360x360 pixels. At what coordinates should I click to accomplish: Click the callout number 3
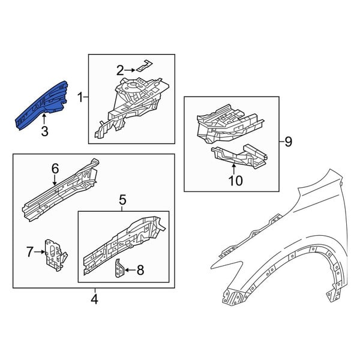[x=44, y=131]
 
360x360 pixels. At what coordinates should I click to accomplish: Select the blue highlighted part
[x=41, y=106]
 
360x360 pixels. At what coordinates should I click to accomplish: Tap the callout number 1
[x=80, y=97]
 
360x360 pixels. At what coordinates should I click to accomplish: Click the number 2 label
[x=120, y=70]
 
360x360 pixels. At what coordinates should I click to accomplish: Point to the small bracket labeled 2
[x=145, y=65]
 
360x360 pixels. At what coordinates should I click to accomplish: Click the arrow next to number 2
[x=130, y=70]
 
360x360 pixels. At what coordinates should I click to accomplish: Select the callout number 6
[x=55, y=169]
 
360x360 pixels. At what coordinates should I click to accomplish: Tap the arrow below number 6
[x=55, y=180]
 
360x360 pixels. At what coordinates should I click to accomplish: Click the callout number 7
[x=30, y=252]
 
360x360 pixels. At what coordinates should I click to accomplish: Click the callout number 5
[x=122, y=200]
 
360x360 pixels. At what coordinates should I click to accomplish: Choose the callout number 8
[x=140, y=270]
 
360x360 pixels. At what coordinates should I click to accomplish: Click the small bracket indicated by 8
[x=119, y=269]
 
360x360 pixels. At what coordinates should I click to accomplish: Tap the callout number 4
[x=94, y=299]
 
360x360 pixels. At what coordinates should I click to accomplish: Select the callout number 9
[x=288, y=142]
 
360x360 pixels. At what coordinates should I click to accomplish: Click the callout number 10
[x=236, y=181]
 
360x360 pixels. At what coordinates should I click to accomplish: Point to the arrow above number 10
[x=234, y=169]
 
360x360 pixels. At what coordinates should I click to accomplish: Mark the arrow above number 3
[x=44, y=119]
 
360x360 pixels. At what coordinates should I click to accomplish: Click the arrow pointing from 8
[x=130, y=270]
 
